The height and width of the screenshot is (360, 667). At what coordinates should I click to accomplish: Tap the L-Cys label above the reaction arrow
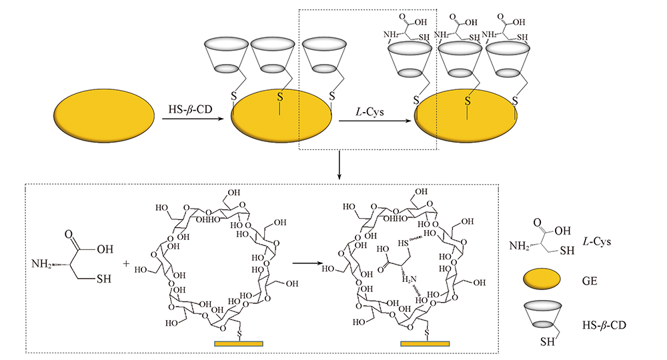(x=370, y=110)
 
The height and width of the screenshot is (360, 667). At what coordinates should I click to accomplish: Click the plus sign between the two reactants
(x=127, y=263)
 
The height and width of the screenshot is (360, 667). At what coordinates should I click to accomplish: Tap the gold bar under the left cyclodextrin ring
(x=239, y=343)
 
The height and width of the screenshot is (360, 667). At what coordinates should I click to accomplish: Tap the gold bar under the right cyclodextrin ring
(x=425, y=343)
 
